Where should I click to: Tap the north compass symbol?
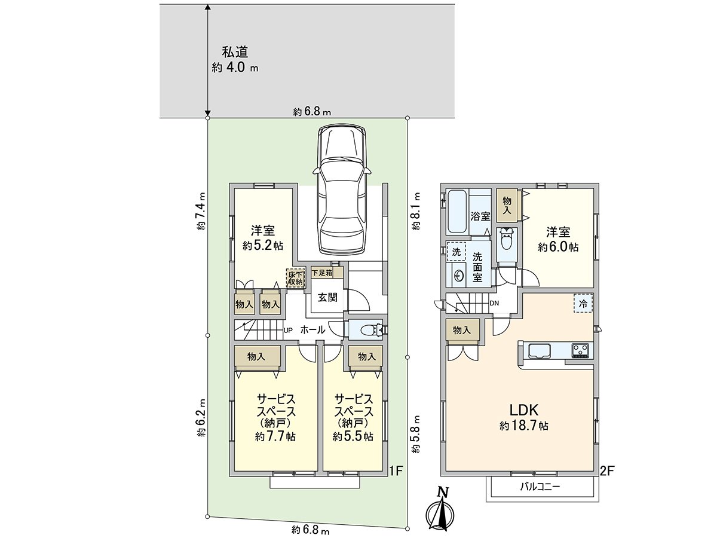tap(441, 511)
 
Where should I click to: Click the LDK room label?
tap(524, 411)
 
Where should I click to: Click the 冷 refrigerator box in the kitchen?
tap(584, 303)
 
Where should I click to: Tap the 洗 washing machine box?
tap(456, 252)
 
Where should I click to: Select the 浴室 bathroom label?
tap(480, 216)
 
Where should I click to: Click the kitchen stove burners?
tap(580, 349)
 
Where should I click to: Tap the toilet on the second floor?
tap(507, 241)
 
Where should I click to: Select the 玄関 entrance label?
tap(327, 296)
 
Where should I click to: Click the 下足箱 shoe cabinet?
tap(326, 273)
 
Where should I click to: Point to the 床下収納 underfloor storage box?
tap(296, 277)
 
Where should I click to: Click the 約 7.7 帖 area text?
tap(275, 437)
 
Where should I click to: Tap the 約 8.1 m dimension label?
tap(416, 211)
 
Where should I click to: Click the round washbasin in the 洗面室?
tap(459, 276)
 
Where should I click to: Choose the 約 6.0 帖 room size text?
tap(557, 246)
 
